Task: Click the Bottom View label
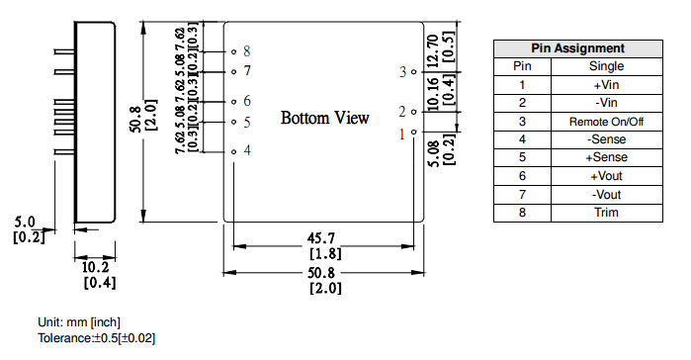click(325, 118)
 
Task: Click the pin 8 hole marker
click(234, 52)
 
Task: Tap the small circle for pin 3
click(413, 72)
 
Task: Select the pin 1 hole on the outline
click(413, 132)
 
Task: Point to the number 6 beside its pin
click(247, 101)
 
